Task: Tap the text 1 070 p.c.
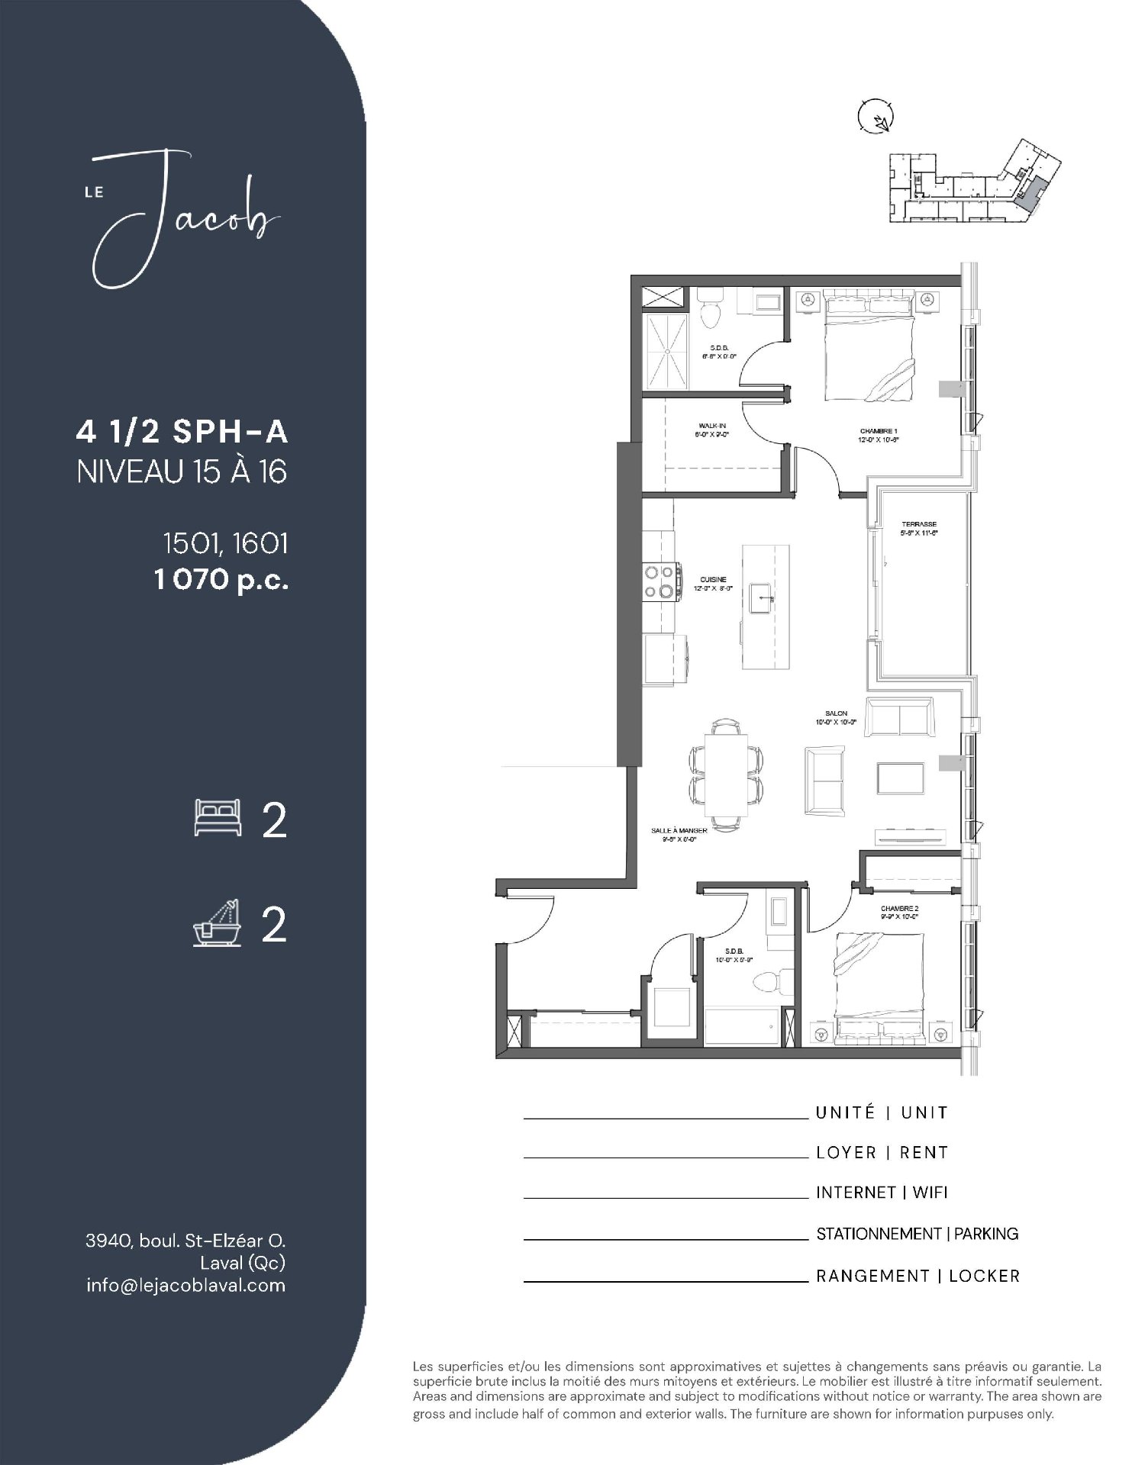pos(221,581)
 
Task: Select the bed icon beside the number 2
pos(218,819)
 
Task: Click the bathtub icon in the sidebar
pos(217,924)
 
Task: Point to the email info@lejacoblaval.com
pos(185,1285)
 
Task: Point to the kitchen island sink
pos(762,600)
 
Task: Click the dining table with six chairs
pos(726,774)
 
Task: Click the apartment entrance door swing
pos(530,919)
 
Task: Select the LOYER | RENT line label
pos(882,1152)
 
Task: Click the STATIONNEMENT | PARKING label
pos(917,1234)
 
